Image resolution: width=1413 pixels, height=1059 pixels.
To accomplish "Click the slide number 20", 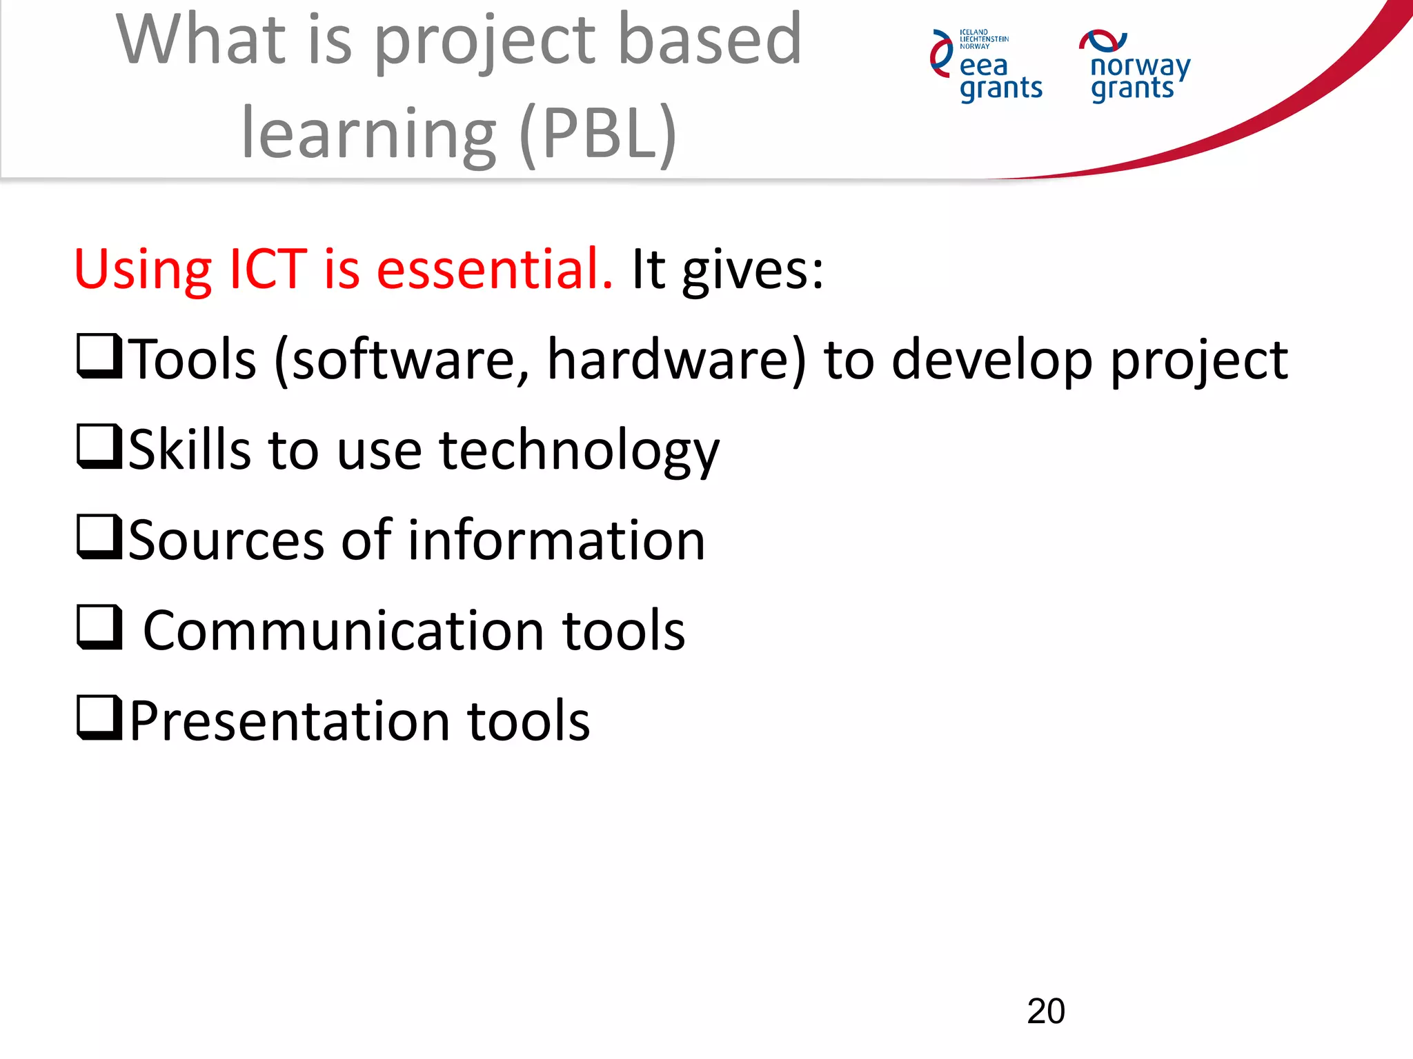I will click(x=1045, y=1011).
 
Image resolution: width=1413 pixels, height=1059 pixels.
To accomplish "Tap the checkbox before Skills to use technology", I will click(x=99, y=447).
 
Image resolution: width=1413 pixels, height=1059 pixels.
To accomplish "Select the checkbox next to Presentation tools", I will click(x=99, y=718).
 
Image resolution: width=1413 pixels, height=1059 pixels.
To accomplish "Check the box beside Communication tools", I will click(x=99, y=627).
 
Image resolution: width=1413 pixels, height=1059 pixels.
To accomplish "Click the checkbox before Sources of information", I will click(x=99, y=537).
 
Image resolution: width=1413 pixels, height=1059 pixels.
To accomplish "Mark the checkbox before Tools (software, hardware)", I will click(x=99, y=356).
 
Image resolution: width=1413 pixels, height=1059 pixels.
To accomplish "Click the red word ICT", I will click(x=268, y=268).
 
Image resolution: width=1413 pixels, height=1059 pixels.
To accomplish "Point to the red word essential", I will click(x=494, y=268).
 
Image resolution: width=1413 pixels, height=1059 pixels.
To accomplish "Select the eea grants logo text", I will click(x=1000, y=77).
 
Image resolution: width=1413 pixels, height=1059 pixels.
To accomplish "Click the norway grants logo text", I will click(x=1139, y=77).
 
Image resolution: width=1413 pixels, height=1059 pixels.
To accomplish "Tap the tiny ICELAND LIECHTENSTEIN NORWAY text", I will click(x=983, y=39).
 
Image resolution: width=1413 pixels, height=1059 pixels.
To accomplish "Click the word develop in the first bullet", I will click(x=991, y=360).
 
